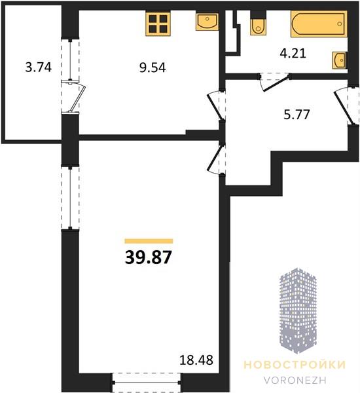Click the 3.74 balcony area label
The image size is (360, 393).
39,67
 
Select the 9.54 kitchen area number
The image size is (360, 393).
153,67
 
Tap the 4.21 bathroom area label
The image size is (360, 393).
293,54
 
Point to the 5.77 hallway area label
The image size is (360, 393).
297,115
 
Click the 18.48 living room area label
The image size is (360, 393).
196,360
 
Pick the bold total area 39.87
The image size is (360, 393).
149,257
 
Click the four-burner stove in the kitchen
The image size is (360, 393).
158,23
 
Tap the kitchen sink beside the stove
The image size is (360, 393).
207,22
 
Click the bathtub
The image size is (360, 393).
319,24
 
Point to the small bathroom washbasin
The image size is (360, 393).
340,60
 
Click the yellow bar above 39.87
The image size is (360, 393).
149,241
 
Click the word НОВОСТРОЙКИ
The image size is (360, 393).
295,365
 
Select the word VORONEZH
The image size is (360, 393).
295,380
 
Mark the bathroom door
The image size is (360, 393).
275,83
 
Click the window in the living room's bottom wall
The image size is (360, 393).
147,383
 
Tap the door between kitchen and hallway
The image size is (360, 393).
215,105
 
